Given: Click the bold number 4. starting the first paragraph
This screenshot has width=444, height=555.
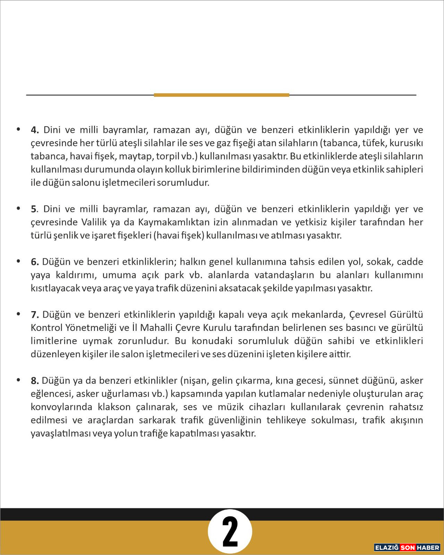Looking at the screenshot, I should pyautogui.click(x=35, y=130).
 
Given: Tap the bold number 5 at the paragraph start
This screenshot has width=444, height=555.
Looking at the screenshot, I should pyautogui.click(x=34, y=209).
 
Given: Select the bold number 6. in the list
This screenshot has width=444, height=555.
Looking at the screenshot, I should pyautogui.click(x=35, y=262).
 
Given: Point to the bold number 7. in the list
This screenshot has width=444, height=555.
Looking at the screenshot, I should pyautogui.click(x=35, y=315).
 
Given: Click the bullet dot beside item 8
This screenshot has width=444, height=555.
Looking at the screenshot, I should pyautogui.click(x=18, y=380).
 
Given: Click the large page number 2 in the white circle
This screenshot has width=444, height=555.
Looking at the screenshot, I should pyautogui.click(x=230, y=532).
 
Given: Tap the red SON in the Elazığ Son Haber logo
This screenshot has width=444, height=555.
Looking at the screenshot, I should pyautogui.click(x=408, y=547).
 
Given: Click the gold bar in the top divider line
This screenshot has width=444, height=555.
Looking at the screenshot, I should pyautogui.click(x=221, y=95).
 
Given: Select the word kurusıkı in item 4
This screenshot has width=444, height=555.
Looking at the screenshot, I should pyautogui.click(x=408, y=143).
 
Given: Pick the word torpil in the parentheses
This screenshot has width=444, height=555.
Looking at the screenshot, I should pyautogui.click(x=167, y=156).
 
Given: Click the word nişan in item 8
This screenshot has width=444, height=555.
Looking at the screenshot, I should pyautogui.click(x=195, y=381).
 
